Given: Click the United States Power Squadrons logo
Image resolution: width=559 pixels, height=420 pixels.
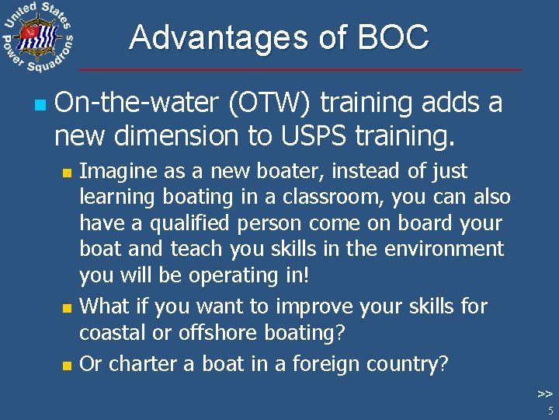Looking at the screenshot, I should coord(37,38).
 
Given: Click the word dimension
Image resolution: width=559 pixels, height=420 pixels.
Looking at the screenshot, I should coord(177,135).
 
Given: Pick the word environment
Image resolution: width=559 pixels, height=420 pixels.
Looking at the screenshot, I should coord(447,250).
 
